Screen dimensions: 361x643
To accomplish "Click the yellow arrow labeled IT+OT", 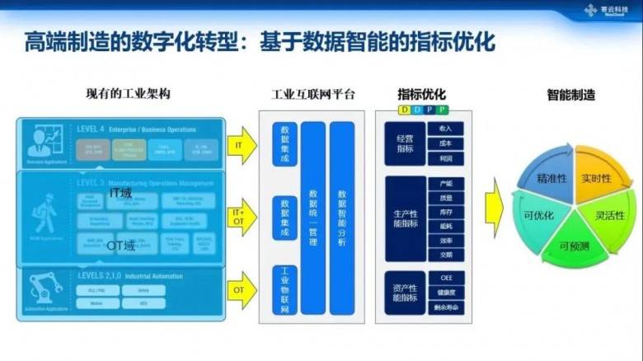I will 238,217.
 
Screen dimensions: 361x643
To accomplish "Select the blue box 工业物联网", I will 285,284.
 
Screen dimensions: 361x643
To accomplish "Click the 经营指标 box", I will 406,143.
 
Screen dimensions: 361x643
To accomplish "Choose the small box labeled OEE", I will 446,278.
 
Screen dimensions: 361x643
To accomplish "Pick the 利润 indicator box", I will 446,157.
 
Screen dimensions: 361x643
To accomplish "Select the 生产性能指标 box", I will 406,218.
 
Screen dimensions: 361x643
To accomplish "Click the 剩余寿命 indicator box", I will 446,307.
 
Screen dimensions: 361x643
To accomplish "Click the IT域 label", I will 121,192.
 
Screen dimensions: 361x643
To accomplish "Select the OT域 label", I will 120,245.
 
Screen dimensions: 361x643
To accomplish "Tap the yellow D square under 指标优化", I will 404,109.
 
